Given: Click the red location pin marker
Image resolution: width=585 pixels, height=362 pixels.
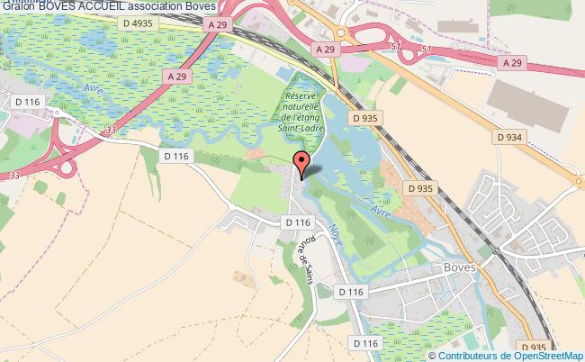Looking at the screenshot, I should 301,163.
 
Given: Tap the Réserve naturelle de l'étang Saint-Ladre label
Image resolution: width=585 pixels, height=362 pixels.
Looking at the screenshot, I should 308,112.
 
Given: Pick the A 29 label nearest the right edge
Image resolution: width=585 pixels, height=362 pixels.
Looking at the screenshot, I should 512,61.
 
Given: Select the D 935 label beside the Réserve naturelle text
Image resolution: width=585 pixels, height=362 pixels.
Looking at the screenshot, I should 365,117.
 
